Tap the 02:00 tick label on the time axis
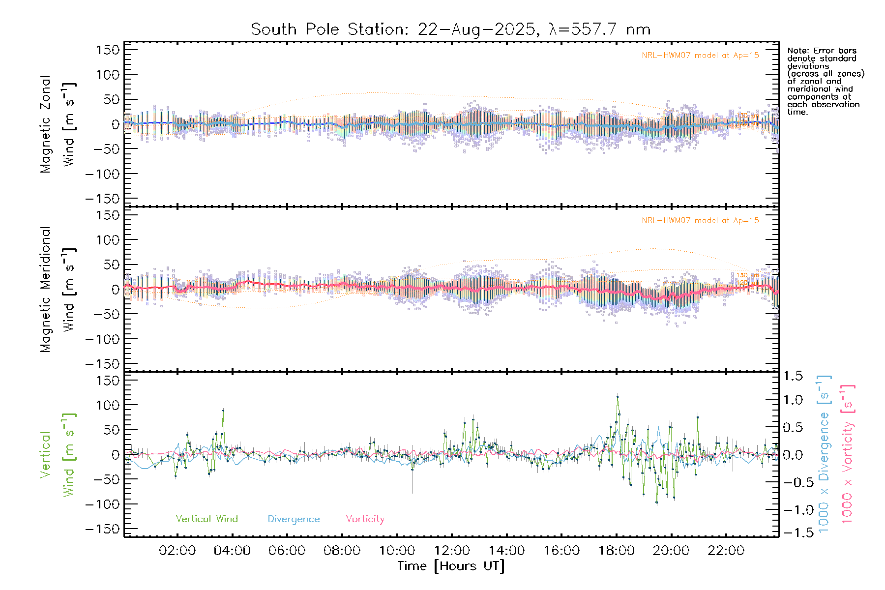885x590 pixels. point(177,551)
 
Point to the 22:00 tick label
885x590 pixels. point(726,551)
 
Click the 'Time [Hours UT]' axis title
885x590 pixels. point(451,566)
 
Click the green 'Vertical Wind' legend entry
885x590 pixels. point(206,519)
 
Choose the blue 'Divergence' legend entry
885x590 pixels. point(294,519)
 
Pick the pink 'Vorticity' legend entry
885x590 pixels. point(365,519)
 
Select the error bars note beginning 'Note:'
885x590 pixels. point(825,81)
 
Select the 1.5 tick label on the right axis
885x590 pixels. point(793,376)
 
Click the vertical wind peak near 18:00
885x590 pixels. point(618,395)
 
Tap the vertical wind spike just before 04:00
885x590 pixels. point(223,410)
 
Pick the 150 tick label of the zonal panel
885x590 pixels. point(108,50)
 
